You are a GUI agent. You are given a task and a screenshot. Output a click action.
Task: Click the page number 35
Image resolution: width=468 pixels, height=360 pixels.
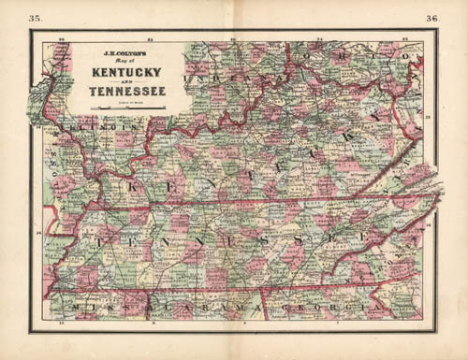[35, 18]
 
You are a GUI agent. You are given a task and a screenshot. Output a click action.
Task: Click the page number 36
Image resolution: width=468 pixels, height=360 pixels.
[432, 18]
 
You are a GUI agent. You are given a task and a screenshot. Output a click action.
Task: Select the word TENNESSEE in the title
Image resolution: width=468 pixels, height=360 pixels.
[124, 92]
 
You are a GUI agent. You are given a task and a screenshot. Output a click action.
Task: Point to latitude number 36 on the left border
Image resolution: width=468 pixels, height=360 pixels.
[37, 233]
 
